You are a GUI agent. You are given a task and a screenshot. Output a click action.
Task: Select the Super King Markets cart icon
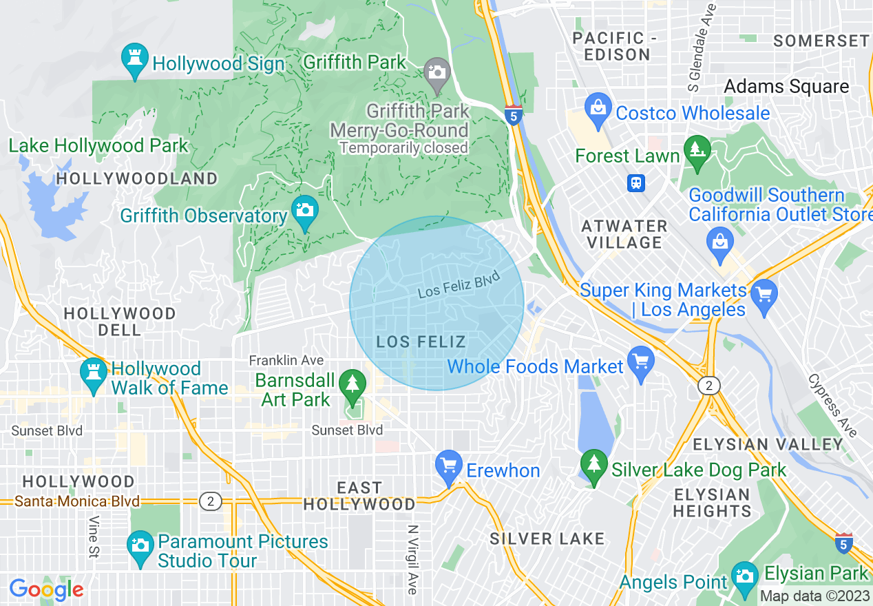[x=764, y=295]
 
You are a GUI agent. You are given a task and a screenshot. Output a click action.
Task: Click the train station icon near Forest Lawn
[x=636, y=183]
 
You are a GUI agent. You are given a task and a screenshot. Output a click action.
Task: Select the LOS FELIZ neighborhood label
[x=421, y=342]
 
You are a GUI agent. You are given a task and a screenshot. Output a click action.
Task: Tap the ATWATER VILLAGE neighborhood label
[x=624, y=234]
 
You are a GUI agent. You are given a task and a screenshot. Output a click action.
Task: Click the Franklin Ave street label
[x=286, y=360]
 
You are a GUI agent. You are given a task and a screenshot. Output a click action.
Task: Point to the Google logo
[x=46, y=589]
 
